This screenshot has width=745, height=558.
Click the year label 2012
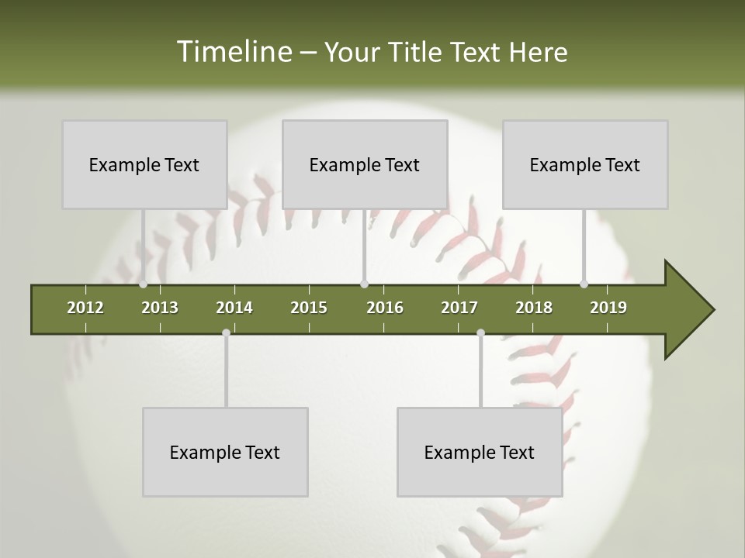(x=85, y=308)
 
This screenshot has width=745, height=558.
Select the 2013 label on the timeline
(x=160, y=308)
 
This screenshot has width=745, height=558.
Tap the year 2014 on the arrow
(x=234, y=308)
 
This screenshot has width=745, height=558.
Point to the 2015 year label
(x=309, y=308)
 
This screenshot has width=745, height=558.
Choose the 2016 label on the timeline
(x=385, y=308)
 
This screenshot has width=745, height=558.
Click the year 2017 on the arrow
(x=459, y=308)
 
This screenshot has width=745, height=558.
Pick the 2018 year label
(x=534, y=308)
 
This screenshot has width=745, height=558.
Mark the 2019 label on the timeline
(x=608, y=308)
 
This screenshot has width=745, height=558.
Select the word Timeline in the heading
(x=233, y=52)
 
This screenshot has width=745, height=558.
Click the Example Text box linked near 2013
(x=144, y=164)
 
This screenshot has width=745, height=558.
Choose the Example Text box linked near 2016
(x=365, y=164)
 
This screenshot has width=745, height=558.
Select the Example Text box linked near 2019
(x=585, y=164)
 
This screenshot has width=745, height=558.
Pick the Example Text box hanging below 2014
(x=225, y=452)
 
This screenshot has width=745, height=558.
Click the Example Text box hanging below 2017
(x=480, y=452)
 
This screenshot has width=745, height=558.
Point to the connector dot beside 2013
(x=144, y=284)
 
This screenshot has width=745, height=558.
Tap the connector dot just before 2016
(x=365, y=284)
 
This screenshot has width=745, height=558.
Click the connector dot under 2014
(x=226, y=333)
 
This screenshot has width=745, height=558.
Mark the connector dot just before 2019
(x=584, y=284)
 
